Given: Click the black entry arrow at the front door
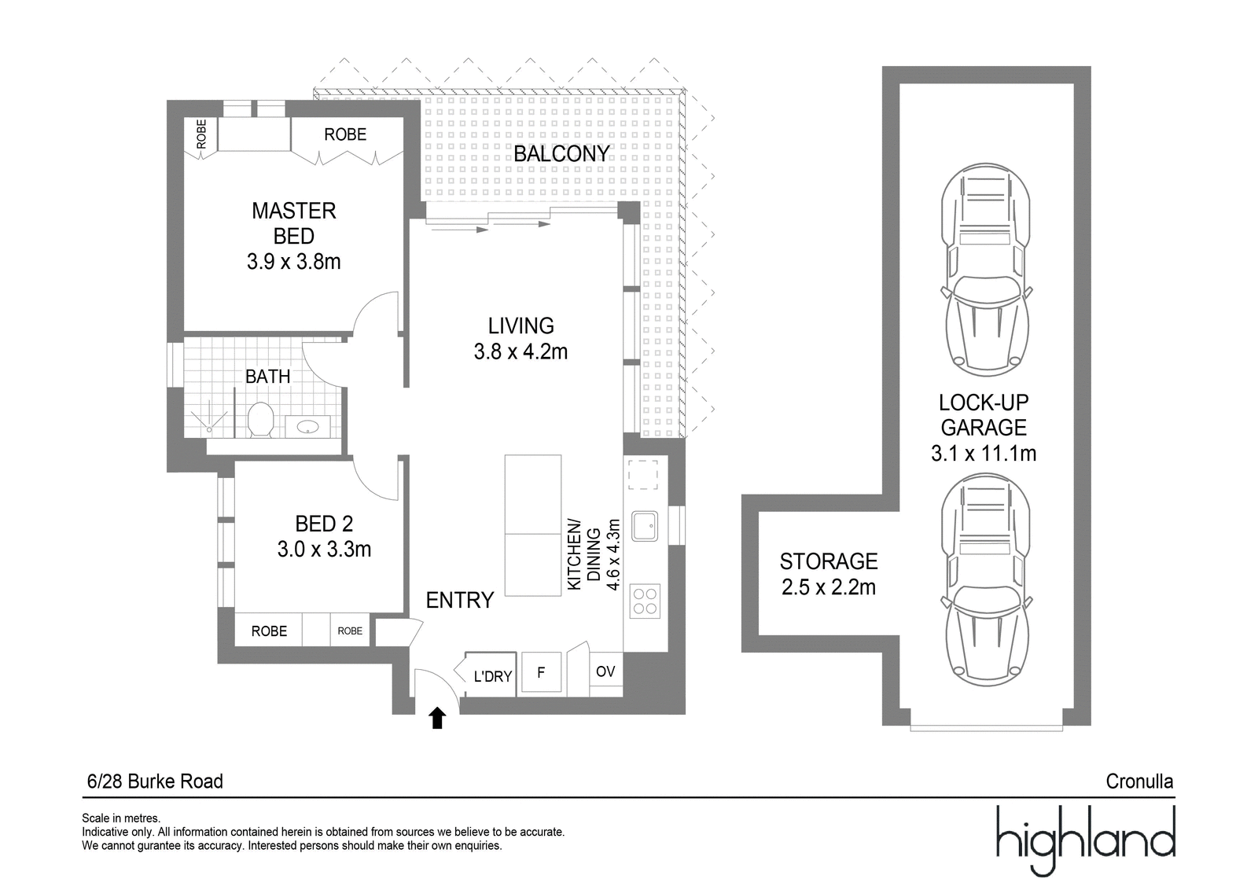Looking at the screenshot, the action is (x=437, y=718).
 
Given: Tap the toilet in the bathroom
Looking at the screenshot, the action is (x=260, y=419).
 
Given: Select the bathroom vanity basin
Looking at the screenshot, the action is (x=307, y=427).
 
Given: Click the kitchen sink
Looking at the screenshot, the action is (x=645, y=526).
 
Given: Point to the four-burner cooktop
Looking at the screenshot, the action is (x=645, y=601).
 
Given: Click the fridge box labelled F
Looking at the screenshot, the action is (x=542, y=672).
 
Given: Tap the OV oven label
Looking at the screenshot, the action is (x=605, y=671).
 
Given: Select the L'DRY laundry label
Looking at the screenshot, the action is (x=492, y=676).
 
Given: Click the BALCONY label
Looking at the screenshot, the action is (x=561, y=154).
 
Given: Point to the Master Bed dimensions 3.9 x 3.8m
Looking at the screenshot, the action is (x=294, y=262).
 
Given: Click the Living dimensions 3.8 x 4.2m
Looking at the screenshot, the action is (x=520, y=351).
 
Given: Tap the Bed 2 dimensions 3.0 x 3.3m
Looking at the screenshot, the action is (x=324, y=549).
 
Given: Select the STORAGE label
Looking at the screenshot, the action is (x=829, y=561).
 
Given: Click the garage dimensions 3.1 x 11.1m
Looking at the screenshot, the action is (x=984, y=453).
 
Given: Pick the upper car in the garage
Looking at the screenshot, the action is (x=986, y=270).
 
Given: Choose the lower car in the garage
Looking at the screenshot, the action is (x=986, y=579).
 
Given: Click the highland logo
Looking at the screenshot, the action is (x=1086, y=840).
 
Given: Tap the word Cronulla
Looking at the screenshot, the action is (x=1139, y=781).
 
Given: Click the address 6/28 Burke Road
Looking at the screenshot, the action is (x=155, y=781).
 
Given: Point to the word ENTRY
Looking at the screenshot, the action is (x=460, y=600).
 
